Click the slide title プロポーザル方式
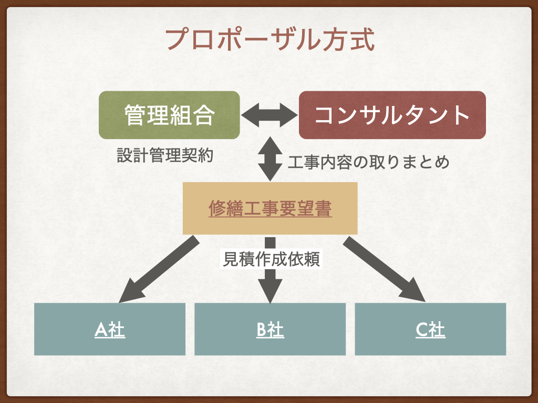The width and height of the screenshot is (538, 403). pos(270,39)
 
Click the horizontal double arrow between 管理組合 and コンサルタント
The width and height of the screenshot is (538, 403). pos(269,114)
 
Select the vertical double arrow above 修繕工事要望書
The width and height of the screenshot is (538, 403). pos(270,158)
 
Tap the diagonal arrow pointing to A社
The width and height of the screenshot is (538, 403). pos(158,270)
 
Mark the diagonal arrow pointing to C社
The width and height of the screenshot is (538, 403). pos(385,270)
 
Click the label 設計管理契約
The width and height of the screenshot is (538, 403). pos(164,156)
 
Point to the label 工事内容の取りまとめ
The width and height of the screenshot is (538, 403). pos(368,162)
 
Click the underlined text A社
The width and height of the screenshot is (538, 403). pos(110,330)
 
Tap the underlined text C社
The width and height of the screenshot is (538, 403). pos(430,330)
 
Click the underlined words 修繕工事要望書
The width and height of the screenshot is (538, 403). pos(270,209)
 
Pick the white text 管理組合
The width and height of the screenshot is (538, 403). pos(169,115)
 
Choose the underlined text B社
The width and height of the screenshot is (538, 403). pos(270,330)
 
